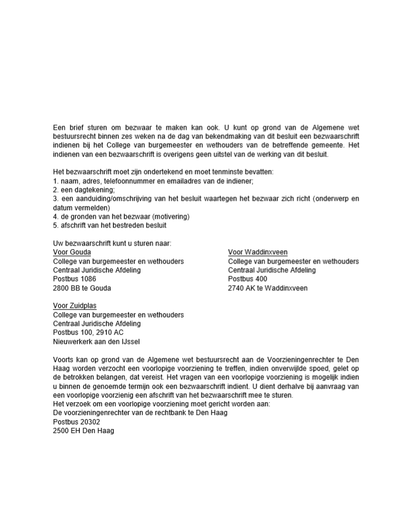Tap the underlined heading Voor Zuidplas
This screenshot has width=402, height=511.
75,306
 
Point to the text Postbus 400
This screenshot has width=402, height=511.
248,279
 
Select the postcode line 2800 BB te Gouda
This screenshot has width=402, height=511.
82,288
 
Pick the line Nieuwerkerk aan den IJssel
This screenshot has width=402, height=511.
96,341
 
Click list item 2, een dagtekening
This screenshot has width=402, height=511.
84,190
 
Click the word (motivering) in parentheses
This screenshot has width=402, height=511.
169,217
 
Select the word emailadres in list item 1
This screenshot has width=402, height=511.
175,181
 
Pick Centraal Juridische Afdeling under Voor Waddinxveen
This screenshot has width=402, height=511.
272,270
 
